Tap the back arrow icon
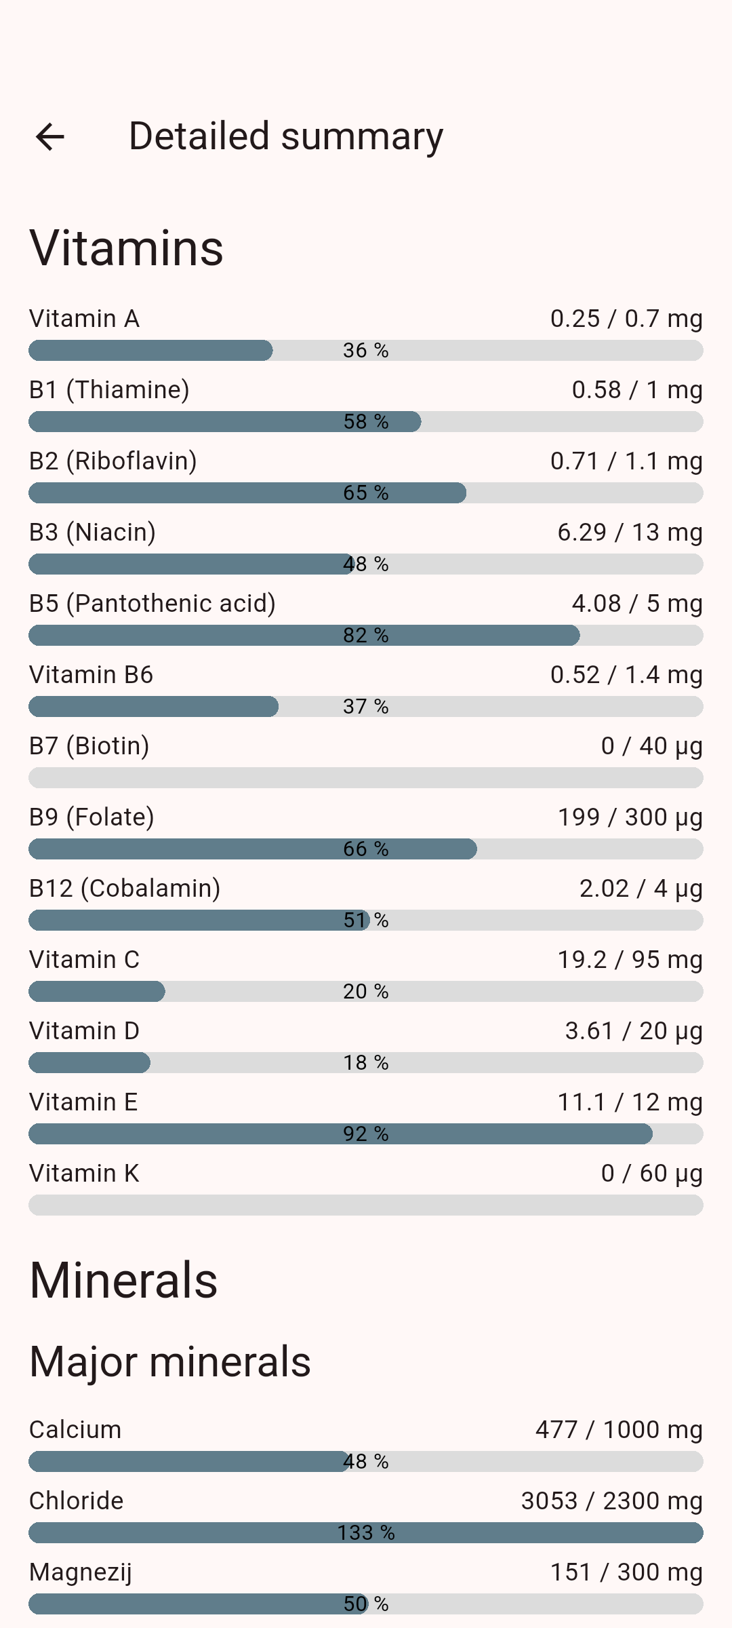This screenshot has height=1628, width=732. (x=50, y=137)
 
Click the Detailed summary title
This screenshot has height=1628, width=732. (x=285, y=136)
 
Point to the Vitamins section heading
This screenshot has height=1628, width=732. (x=126, y=248)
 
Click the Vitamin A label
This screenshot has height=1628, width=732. (x=84, y=319)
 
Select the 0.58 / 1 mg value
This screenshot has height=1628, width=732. (x=636, y=390)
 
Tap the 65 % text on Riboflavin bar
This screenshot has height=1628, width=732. (x=365, y=492)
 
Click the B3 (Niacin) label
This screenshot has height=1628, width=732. (x=92, y=532)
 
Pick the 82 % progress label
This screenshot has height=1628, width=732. (x=365, y=635)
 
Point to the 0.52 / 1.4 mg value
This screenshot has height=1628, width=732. (x=626, y=675)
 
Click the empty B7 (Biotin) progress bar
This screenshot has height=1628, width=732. (x=365, y=777)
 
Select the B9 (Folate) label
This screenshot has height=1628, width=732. (x=91, y=817)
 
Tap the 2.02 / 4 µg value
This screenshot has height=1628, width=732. (x=640, y=889)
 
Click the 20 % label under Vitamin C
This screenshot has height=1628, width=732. (x=365, y=991)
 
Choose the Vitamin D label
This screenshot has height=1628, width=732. (x=84, y=1031)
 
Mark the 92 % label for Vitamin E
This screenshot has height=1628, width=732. (x=365, y=1133)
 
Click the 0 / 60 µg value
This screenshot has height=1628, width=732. (x=651, y=1174)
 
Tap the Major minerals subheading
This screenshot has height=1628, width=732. (x=170, y=1361)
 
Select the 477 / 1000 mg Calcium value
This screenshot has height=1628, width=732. (x=618, y=1430)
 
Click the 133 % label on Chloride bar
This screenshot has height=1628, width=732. (x=365, y=1532)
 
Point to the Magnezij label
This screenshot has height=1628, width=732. (x=81, y=1572)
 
